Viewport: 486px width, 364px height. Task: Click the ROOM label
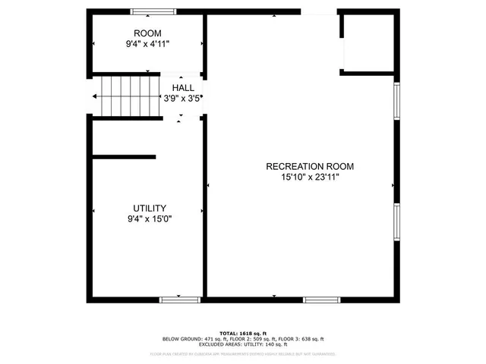pos(147,33)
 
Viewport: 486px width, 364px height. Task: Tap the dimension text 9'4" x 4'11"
pos(147,45)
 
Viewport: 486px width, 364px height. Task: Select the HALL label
pos(182,88)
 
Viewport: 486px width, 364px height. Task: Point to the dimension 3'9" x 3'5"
pos(182,99)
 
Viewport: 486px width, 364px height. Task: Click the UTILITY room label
pos(150,209)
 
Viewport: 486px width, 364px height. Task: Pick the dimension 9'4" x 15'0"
pos(150,220)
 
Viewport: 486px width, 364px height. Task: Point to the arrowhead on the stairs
pos(95,97)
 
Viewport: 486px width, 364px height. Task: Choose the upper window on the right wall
pos(396,101)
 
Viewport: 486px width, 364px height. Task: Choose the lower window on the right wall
pos(396,221)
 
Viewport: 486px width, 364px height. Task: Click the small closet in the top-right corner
pos(368,43)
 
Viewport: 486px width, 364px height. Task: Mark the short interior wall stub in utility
pos(124,157)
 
